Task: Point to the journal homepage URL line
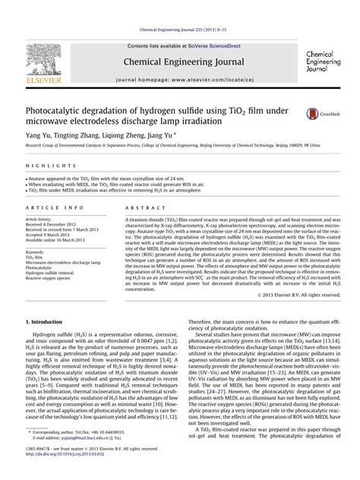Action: click(180, 79)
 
